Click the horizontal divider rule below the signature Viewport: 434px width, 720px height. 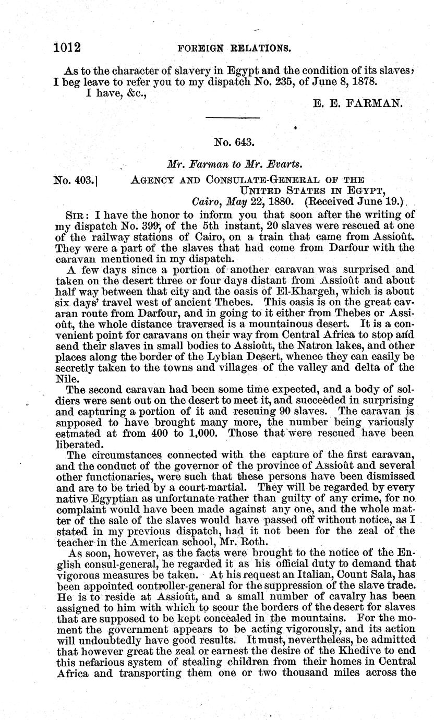coord(233,120)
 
